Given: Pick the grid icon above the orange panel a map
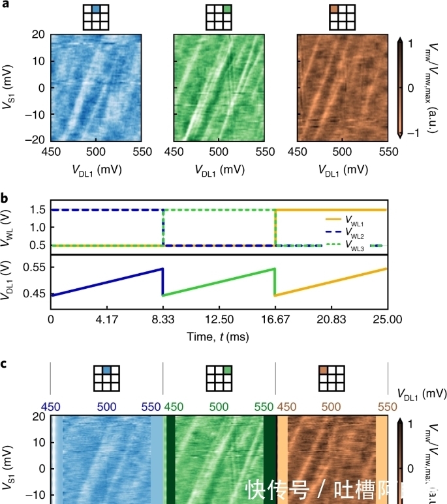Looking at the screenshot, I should (342, 17).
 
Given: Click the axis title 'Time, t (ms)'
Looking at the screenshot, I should (219, 338).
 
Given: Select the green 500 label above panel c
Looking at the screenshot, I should (219, 406).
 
